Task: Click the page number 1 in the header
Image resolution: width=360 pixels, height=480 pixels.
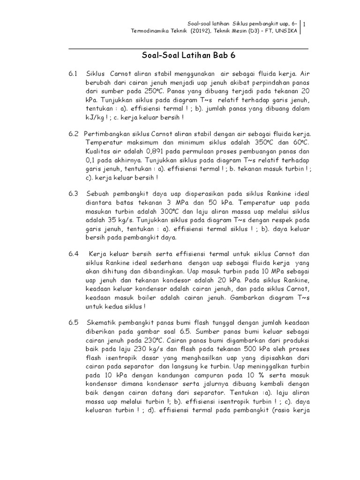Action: point(305,24)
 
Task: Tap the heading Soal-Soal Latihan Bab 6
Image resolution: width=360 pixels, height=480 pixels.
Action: point(188,56)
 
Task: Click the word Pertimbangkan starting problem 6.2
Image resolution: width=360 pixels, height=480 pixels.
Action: point(109,134)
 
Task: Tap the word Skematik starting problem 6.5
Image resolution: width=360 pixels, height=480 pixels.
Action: point(101,323)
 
